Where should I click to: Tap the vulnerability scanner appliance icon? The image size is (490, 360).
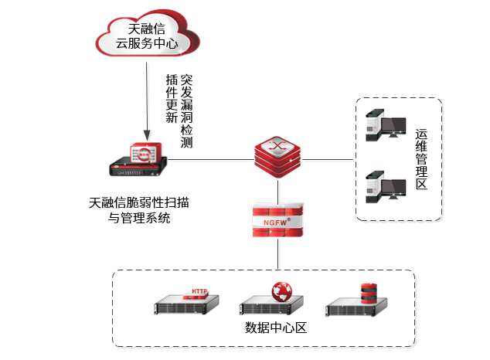[x=138, y=158]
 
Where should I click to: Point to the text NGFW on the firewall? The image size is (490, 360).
[x=276, y=221]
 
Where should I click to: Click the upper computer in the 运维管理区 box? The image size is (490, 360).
[x=386, y=125]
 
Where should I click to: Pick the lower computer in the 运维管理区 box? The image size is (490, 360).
[x=386, y=186]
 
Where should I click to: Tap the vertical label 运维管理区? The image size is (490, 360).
[x=421, y=159]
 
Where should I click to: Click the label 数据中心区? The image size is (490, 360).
[x=276, y=328]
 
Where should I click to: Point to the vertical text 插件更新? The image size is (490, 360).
[x=172, y=100]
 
